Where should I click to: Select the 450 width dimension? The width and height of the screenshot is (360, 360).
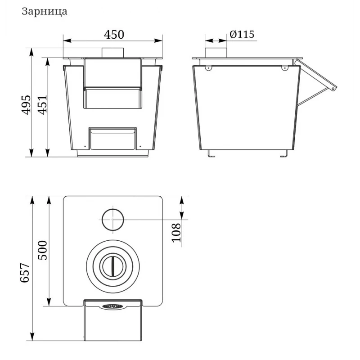114,35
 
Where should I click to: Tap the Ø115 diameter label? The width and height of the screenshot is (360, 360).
242,35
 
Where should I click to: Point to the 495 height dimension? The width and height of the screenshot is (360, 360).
26,104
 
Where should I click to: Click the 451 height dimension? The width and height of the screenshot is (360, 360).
42,104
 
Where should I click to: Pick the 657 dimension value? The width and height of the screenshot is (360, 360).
25,273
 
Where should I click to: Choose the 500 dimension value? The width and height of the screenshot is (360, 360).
42,250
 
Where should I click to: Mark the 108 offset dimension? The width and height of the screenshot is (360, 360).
176,233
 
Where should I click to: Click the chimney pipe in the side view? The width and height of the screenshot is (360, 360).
216,53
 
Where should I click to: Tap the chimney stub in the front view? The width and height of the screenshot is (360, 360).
113,53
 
